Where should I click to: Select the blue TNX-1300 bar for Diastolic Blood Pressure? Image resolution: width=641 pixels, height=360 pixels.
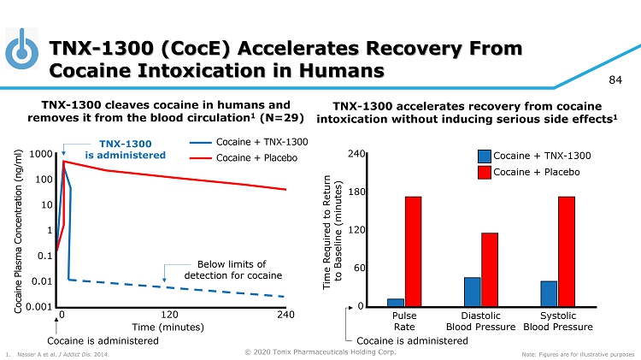coord(473,292)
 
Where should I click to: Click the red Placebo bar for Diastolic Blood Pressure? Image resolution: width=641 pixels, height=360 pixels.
coord(490,269)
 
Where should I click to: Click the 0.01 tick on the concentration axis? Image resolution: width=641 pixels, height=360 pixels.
coord(39,281)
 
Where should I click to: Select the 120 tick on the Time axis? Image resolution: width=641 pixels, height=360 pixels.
coord(173,316)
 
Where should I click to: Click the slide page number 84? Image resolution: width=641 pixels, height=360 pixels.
coord(615,80)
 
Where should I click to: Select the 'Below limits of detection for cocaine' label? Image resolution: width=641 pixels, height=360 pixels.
coord(232,270)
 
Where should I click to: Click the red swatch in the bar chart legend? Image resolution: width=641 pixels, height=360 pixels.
coord(484,172)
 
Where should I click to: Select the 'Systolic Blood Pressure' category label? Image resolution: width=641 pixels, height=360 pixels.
coord(558,321)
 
